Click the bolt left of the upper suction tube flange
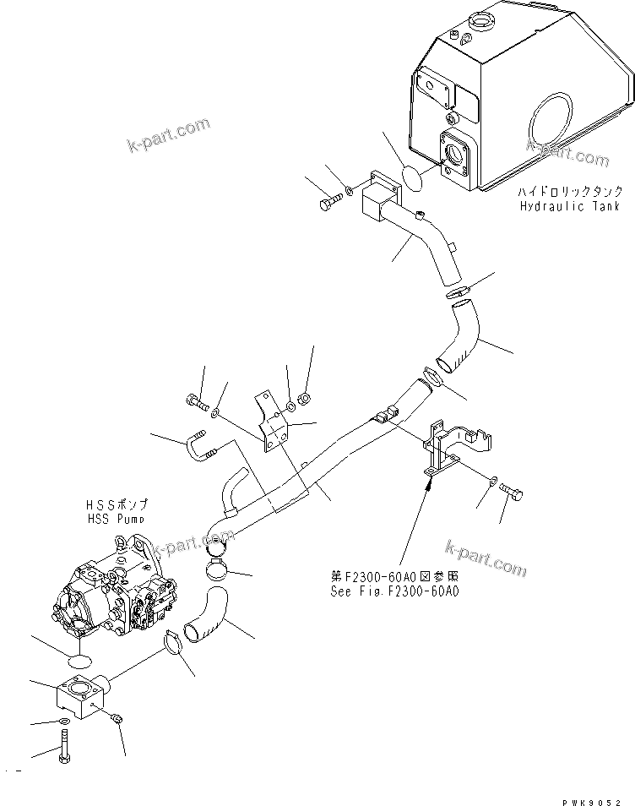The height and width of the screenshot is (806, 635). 330,203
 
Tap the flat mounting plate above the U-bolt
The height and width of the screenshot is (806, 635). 270,422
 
